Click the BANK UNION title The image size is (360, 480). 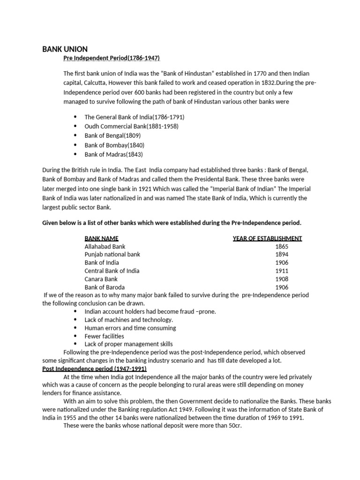click(x=65, y=49)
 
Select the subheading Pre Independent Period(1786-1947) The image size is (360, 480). click(x=112, y=58)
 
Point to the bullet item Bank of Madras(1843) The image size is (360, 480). click(x=113, y=154)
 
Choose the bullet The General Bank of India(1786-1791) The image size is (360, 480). click(x=135, y=117)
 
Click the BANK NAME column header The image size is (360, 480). click(x=101, y=238)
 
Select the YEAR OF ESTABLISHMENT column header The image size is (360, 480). click(x=267, y=238)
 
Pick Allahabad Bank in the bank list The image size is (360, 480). click(x=105, y=246)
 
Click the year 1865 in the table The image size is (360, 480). click(x=282, y=246)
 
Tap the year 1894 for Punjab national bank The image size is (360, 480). click(x=282, y=255)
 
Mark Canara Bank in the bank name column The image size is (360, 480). click(x=101, y=279)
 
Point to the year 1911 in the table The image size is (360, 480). click(x=282, y=271)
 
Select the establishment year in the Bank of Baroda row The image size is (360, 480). click(x=282, y=287)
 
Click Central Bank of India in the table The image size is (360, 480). click(x=112, y=271)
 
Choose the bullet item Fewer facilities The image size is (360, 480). click(x=104, y=336)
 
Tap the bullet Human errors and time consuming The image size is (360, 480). click(x=130, y=328)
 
